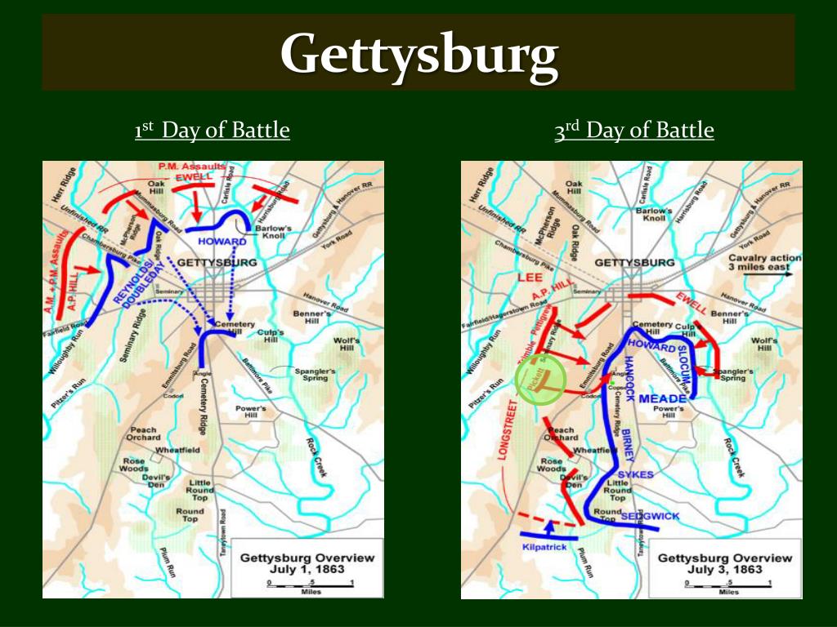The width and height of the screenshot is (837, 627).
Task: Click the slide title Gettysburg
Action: [x=418, y=55]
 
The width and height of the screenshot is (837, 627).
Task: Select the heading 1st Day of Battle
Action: [x=213, y=131]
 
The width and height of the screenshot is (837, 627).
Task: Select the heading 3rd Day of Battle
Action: [x=634, y=131]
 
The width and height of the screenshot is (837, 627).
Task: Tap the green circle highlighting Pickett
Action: [x=541, y=380]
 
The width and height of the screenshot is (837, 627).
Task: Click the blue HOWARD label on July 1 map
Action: [x=222, y=242]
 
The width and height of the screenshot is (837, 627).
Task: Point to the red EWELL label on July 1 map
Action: [x=193, y=176]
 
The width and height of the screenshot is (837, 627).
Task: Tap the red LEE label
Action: [x=530, y=278]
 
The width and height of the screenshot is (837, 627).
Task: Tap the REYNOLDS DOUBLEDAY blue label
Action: [x=144, y=282]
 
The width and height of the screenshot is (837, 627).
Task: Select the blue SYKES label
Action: [x=635, y=474]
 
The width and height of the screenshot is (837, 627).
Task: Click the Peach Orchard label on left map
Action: [x=142, y=434]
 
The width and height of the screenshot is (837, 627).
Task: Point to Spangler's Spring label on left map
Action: [x=315, y=374]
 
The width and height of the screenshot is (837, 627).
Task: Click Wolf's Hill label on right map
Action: [x=764, y=344]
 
